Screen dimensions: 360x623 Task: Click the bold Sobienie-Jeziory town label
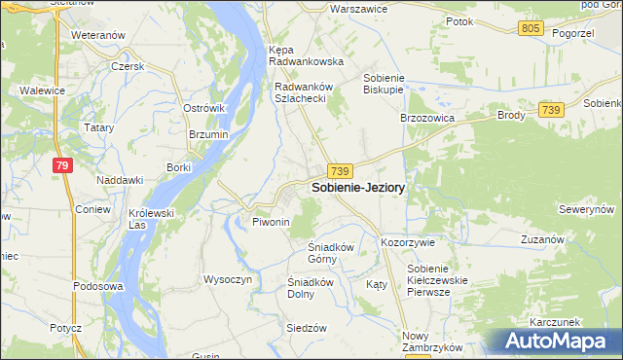pyautogui.click(x=357, y=187)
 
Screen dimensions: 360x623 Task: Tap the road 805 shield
pyautogui.click(x=531, y=29)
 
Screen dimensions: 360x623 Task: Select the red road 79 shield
pyautogui.click(x=62, y=166)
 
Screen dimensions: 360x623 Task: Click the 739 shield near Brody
pyautogui.click(x=551, y=111)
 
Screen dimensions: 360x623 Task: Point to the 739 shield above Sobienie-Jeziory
pyautogui.click(x=340, y=170)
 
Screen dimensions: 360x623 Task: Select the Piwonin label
pyautogui.click(x=272, y=223)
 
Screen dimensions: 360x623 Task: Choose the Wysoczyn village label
pyautogui.click(x=227, y=279)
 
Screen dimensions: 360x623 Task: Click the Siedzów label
pyautogui.click(x=305, y=328)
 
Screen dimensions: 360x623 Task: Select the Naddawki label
pyautogui.click(x=120, y=180)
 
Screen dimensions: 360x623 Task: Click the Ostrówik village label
pyautogui.click(x=203, y=108)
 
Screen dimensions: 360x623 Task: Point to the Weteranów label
pyautogui.click(x=99, y=35)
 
